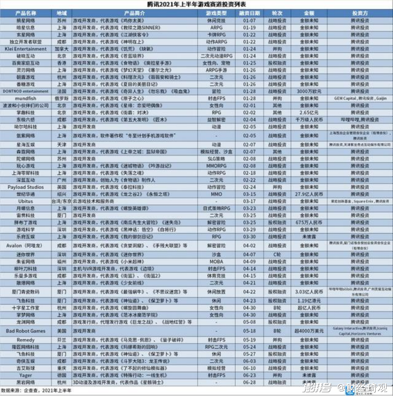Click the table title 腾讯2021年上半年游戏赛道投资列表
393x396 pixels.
[x=196, y=4]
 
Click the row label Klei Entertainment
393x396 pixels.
[x=26, y=49]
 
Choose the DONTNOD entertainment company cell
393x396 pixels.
[x=26, y=91]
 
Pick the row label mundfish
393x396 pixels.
[x=26, y=98]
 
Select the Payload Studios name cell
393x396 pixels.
[x=26, y=187]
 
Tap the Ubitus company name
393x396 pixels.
[x=26, y=201]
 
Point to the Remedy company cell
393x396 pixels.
[x=26, y=340]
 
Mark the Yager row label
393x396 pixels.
[x=26, y=374]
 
